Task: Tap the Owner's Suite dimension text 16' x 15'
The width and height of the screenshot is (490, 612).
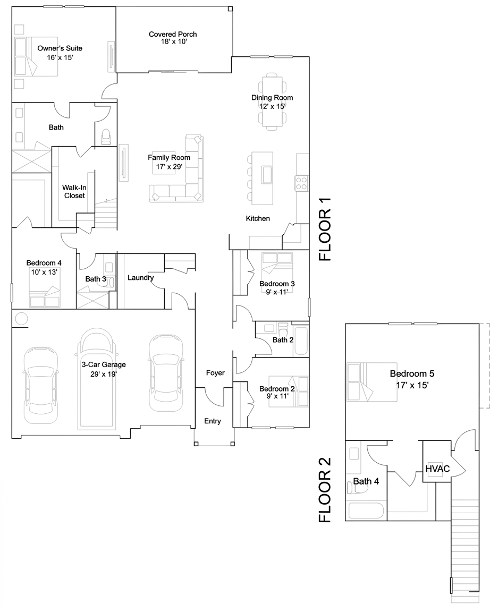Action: [x=60, y=57]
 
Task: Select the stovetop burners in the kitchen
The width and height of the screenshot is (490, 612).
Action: [x=301, y=183]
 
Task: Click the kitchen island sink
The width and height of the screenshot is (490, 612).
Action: [x=267, y=174]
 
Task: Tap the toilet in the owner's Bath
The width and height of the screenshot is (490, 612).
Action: [x=106, y=137]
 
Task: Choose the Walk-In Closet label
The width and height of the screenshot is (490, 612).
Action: [x=74, y=192]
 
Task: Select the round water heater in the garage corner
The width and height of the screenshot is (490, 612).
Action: [x=21, y=319]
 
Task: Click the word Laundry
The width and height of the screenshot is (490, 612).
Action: [x=140, y=277]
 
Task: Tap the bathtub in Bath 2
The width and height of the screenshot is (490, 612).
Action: [x=301, y=341]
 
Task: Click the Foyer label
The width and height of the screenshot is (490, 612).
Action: [x=215, y=373]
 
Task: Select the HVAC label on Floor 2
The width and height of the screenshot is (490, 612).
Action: [x=437, y=469]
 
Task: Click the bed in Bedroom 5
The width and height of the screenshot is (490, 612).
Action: [x=371, y=382]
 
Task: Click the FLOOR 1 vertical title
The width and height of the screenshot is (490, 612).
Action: [x=325, y=229]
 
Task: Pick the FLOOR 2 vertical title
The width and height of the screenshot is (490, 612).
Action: [x=325, y=490]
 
